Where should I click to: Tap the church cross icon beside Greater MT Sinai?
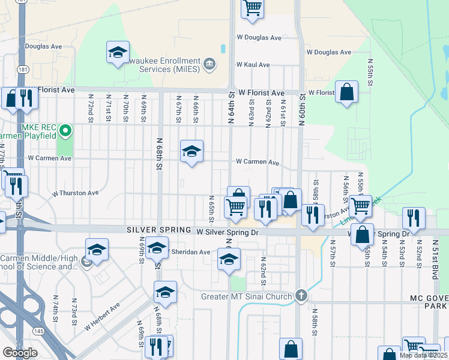(301, 296)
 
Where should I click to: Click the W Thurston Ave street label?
(75, 193)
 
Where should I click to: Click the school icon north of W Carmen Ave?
(191, 152)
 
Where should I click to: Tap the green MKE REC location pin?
(67, 130)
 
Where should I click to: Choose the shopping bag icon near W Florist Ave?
(346, 92)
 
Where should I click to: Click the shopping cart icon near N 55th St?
(360, 205)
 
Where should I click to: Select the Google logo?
(20, 353)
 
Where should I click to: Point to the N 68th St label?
(160, 155)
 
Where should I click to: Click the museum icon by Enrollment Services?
(209, 64)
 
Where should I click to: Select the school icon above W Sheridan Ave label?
(158, 247)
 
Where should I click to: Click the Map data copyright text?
(423, 355)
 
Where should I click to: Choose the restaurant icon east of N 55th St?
(413, 217)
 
